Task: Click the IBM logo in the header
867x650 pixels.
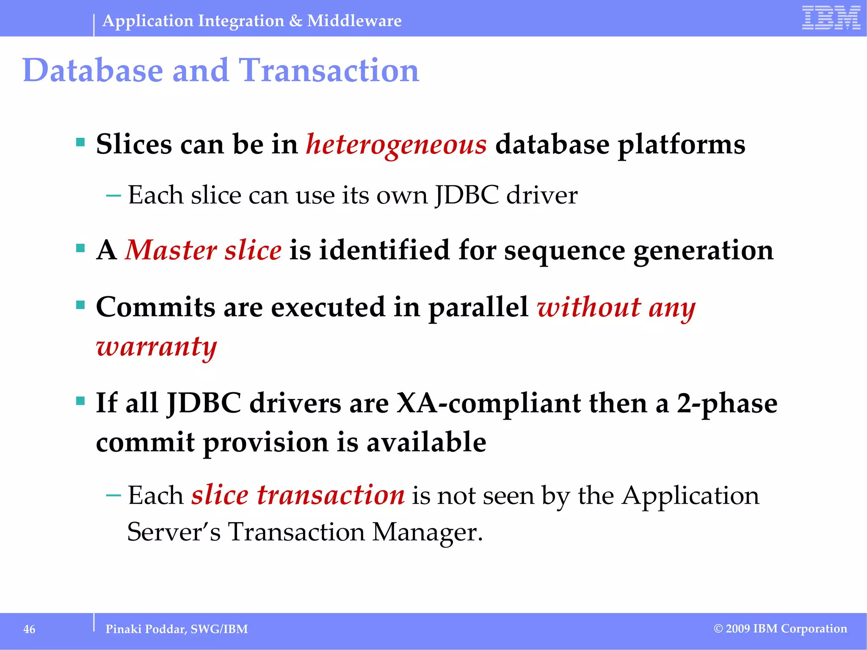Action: [831, 18]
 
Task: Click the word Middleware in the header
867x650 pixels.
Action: [354, 21]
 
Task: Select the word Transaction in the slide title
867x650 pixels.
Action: [329, 70]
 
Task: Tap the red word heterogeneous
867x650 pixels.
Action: [396, 145]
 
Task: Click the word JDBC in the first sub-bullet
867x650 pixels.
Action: [467, 195]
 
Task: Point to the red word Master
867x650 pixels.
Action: [171, 250]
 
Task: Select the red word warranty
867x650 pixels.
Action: [156, 347]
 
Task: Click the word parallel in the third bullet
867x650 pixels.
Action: [478, 307]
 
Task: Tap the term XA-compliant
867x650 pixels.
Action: [489, 403]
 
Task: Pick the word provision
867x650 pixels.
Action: [265, 443]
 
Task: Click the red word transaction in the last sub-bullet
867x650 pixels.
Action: [331, 495]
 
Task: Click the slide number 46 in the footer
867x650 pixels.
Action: [29, 629]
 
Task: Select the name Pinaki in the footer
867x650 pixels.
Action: [123, 629]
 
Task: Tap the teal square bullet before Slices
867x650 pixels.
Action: [80, 142]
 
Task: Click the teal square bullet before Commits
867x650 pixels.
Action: [80, 305]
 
